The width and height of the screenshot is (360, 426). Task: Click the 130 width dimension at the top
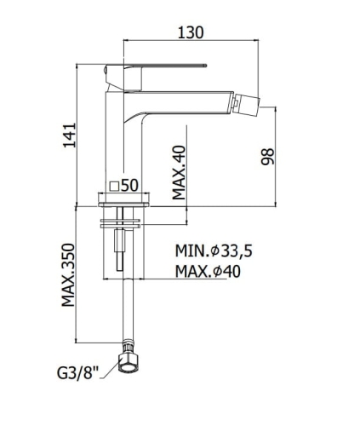pos(191,32)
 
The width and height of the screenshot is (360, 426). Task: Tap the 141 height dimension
pos(70,135)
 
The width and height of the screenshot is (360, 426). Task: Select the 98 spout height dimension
pos(268,156)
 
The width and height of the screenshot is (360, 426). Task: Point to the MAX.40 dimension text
pos(179,172)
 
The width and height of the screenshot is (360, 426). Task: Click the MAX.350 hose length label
pos(68,275)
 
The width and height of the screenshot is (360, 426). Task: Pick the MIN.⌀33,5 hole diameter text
pos(214,251)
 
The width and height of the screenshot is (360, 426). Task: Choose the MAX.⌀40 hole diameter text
pos(208,271)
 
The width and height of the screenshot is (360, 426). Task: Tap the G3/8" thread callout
pos(77,373)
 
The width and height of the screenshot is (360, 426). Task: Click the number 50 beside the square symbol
pos(129,186)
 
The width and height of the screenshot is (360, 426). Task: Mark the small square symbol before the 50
pos(114,186)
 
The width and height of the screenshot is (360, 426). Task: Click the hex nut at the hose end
pos(129,363)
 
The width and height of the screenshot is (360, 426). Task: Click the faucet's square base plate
pos(123,200)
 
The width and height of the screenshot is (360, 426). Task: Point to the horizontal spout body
pos(181,103)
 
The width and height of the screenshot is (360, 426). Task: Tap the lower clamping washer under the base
pos(120,227)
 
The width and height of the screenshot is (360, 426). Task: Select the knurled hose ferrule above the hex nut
pos(129,346)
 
